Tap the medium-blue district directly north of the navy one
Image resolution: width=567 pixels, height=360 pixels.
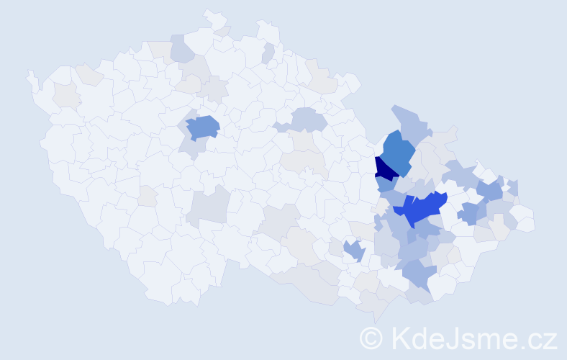click(396, 150)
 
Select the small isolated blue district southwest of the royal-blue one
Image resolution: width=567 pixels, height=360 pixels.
click(353, 251)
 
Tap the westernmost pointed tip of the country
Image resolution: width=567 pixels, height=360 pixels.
click(30, 74)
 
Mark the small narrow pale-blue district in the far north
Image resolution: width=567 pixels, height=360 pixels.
click(268, 53)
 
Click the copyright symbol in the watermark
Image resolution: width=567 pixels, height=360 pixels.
click(372, 338)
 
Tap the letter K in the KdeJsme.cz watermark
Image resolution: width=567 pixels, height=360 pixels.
click(400, 338)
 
